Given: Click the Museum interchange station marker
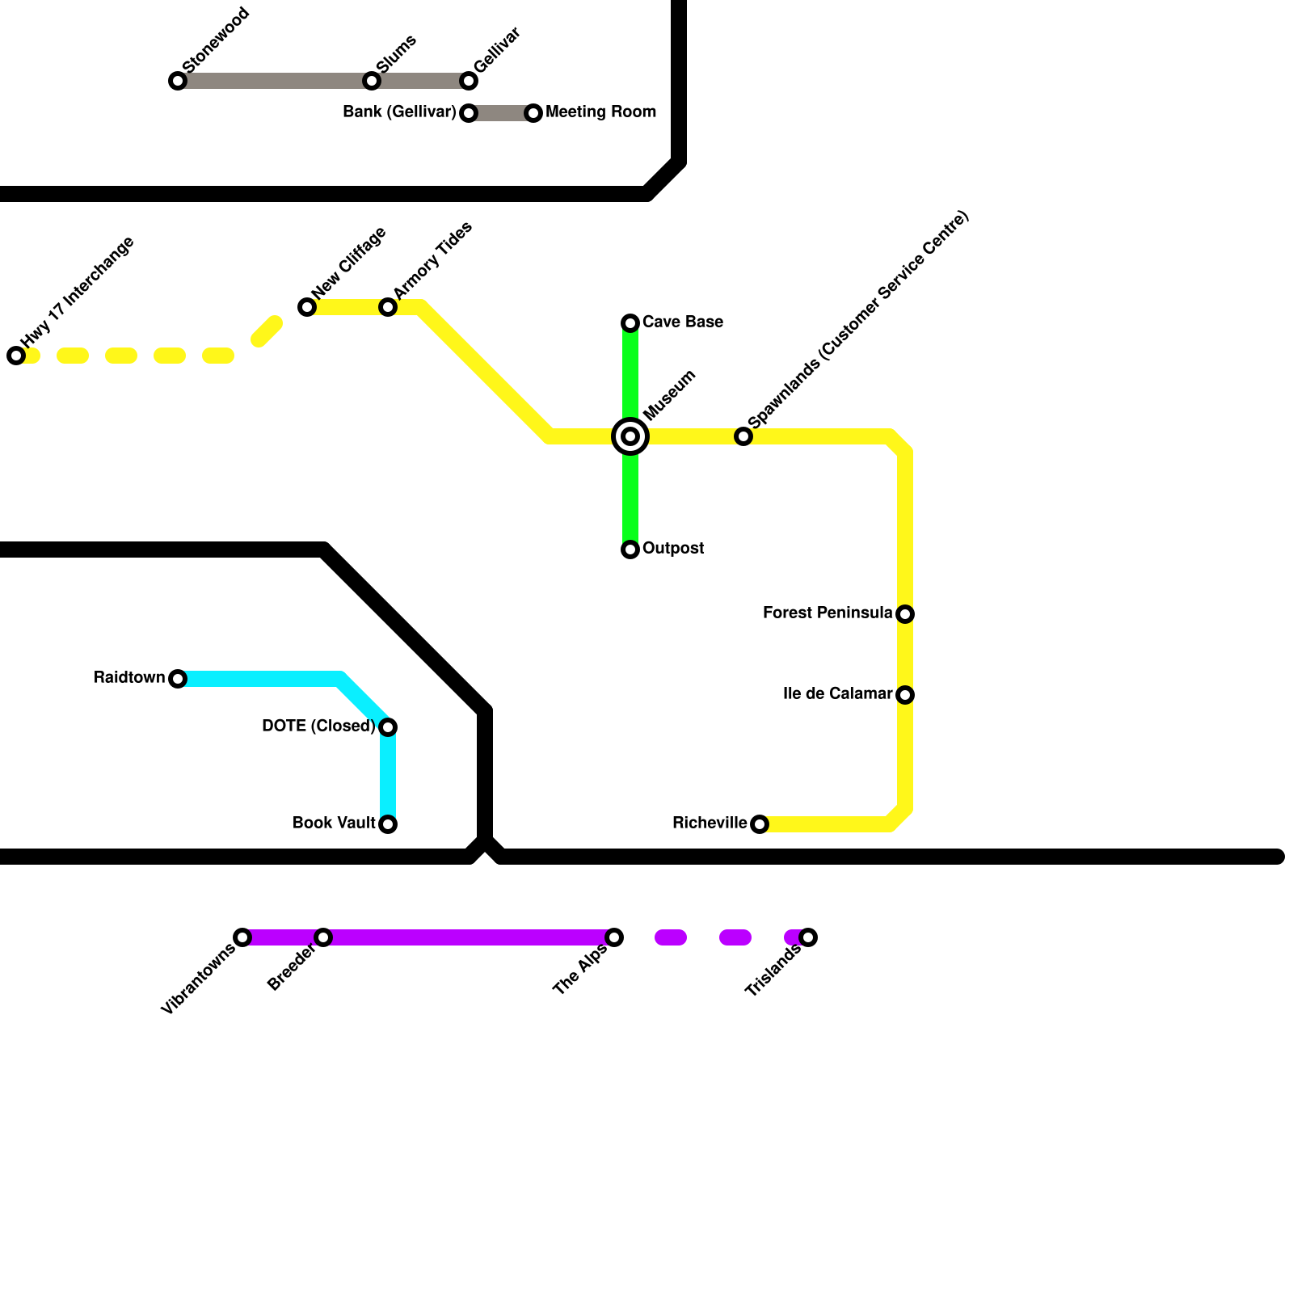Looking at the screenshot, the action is click(x=630, y=436).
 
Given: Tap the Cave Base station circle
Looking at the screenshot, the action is click(x=630, y=323).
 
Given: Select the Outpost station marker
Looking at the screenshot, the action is click(x=630, y=550).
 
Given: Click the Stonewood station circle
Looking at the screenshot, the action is click(x=178, y=81).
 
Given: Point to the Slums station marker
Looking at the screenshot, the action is click(x=372, y=81).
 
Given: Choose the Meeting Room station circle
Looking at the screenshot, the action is click(x=533, y=113).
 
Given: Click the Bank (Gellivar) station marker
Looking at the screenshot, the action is click(x=469, y=113).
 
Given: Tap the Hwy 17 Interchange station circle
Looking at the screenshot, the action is click(x=16, y=356).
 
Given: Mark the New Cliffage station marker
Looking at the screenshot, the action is click(x=307, y=307).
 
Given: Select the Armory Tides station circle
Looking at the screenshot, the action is click(x=388, y=307).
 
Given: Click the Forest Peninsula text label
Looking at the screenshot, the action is click(x=827, y=613).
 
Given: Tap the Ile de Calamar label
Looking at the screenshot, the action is click(x=837, y=694).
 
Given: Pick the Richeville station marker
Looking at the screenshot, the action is click(x=760, y=824).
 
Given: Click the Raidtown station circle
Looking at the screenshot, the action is click(x=178, y=679).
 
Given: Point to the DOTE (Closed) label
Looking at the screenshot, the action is click(x=318, y=727).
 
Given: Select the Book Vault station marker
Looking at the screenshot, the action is click(x=388, y=824).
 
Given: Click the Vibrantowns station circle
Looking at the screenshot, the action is click(x=242, y=937).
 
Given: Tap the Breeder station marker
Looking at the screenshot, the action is click(x=323, y=937).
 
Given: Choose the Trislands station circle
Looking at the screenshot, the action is click(x=808, y=937).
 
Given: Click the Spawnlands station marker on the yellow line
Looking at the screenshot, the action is click(x=743, y=436).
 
